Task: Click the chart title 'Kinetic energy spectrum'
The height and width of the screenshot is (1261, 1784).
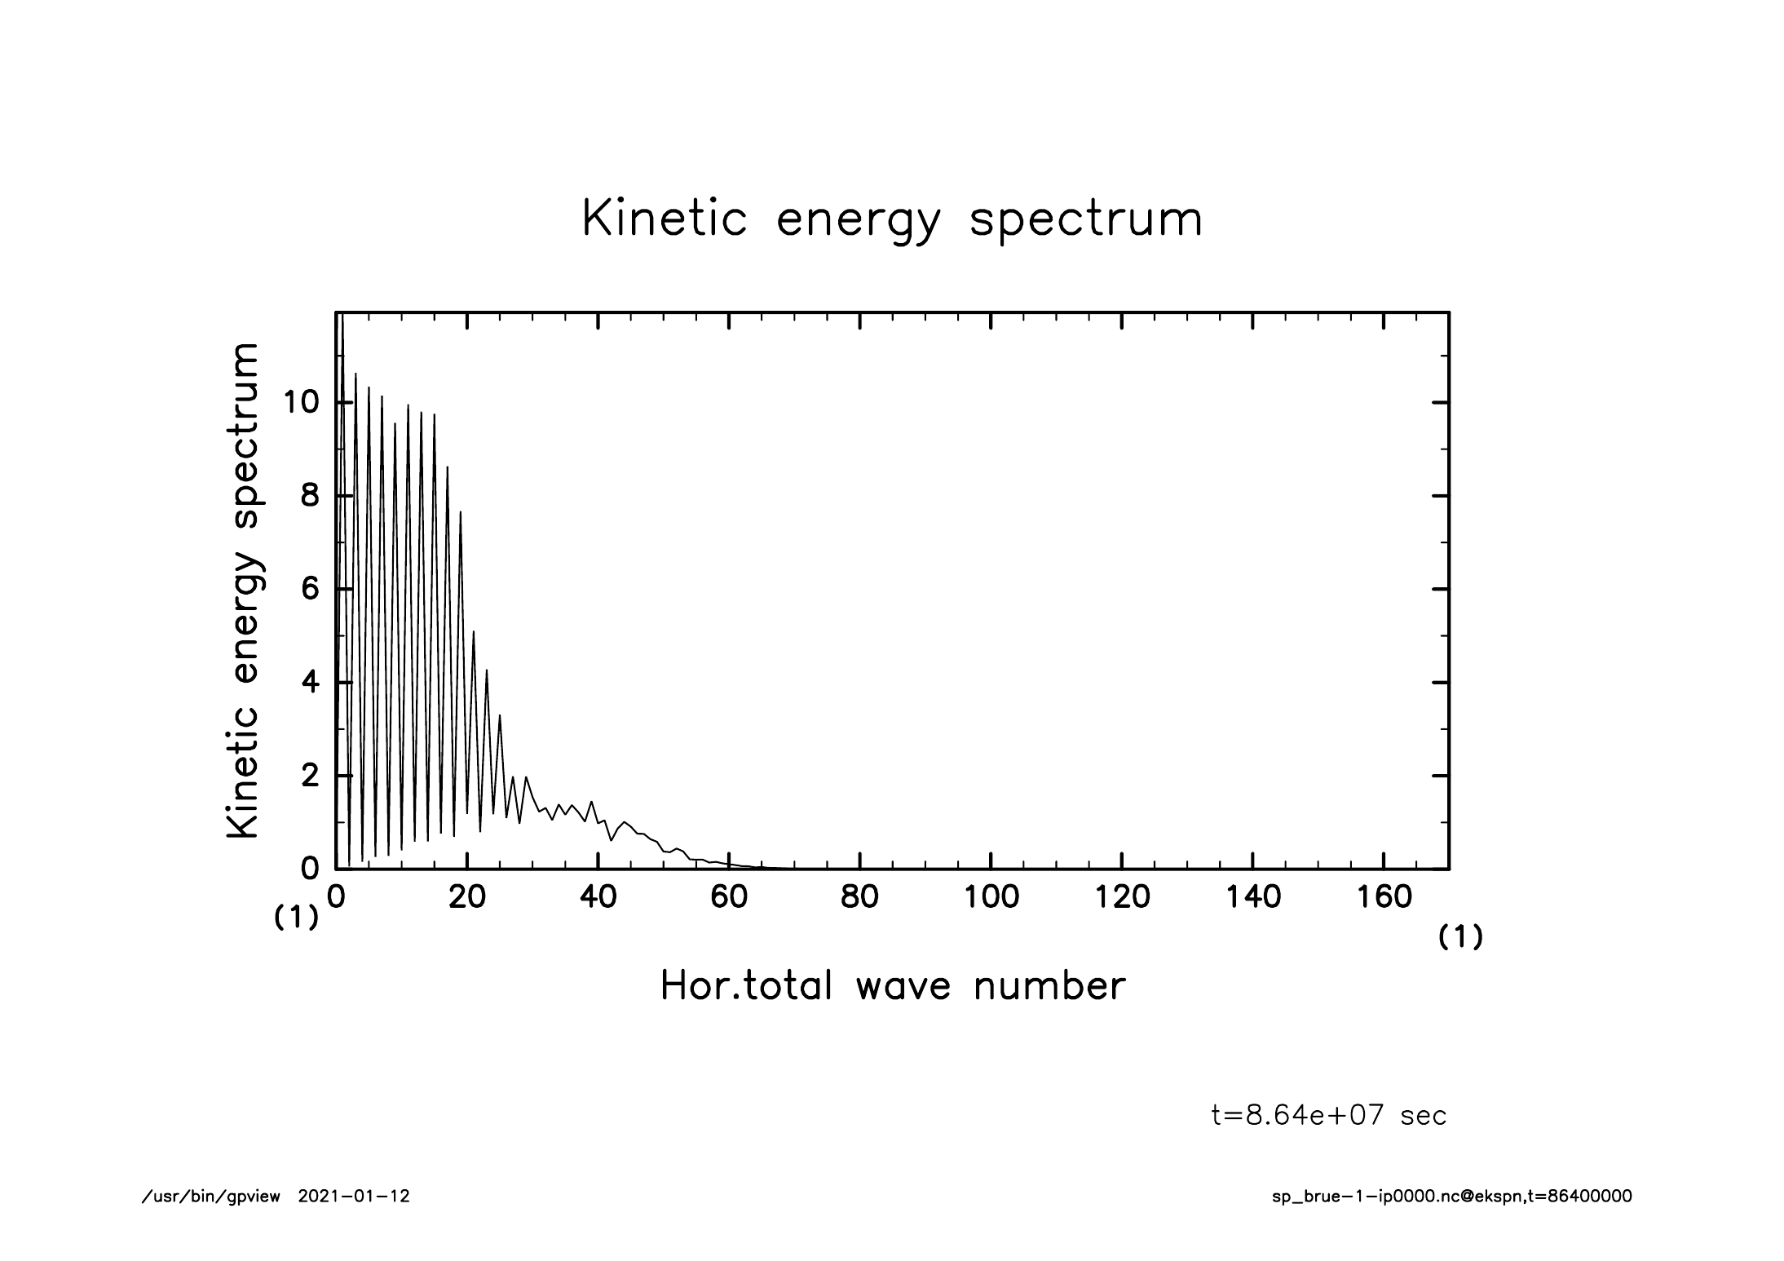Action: pos(892,220)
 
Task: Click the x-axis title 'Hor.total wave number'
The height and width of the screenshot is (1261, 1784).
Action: pos(892,985)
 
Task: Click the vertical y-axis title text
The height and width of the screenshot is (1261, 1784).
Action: pos(243,591)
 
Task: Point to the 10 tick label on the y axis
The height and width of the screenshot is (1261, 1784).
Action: pos(300,403)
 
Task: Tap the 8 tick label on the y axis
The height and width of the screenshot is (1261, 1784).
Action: pos(310,496)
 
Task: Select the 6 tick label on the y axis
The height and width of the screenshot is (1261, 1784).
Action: pos(310,589)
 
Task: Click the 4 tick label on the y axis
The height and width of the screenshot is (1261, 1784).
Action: pos(310,682)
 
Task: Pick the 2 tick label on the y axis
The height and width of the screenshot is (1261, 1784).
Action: pos(310,776)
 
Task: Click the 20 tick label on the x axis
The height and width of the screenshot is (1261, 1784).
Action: pos(467,897)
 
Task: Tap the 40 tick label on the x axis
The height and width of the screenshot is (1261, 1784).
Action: pos(598,897)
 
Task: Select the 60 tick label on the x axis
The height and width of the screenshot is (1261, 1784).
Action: pos(729,897)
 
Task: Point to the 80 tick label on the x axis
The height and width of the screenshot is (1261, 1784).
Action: pos(859,897)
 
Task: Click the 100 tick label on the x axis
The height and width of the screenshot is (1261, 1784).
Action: pos(991,897)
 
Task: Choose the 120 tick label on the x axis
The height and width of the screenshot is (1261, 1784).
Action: pos(1122,897)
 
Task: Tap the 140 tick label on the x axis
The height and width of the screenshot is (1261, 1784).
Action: pos(1252,897)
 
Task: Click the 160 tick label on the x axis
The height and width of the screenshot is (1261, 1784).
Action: pos(1384,897)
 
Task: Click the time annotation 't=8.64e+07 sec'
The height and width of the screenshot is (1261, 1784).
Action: pos(1329,1115)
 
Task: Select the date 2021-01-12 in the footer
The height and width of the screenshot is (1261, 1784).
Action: pos(354,1197)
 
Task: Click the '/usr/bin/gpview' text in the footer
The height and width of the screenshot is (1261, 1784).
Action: pos(211,1197)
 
